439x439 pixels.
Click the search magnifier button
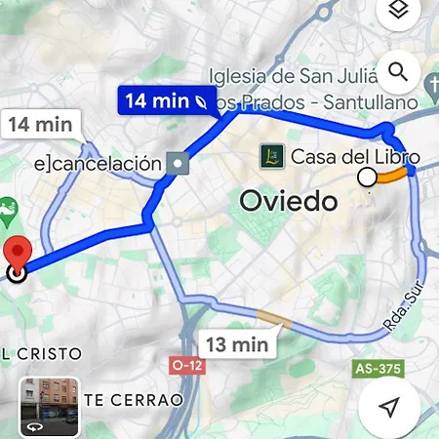(x=397, y=71)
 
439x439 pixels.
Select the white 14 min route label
(x=39, y=124)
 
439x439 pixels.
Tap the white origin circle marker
(x=367, y=178)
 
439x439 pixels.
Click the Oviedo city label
(x=289, y=203)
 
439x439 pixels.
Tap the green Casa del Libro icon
(x=274, y=155)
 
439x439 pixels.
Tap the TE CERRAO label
(x=134, y=400)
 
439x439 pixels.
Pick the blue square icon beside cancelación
(x=178, y=163)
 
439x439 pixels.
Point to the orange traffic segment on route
(x=393, y=176)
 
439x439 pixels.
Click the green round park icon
(x=8, y=209)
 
